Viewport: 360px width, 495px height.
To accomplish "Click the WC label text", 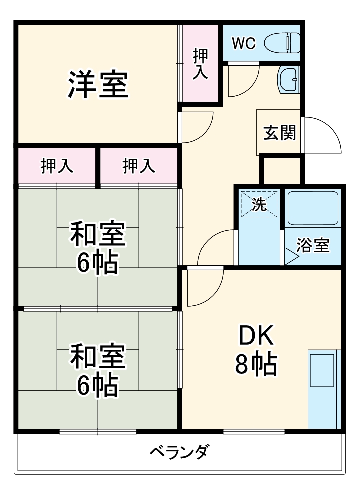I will [244, 44].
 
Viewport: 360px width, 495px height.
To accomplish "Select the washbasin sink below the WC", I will [289, 79].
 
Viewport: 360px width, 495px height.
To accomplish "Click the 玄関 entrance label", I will [279, 133].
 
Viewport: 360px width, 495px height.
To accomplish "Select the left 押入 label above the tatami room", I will [57, 166].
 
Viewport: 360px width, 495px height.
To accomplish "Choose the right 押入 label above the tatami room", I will [139, 166].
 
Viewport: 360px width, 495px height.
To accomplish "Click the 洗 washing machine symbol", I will [259, 204].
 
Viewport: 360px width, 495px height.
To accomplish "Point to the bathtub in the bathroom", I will [313, 208].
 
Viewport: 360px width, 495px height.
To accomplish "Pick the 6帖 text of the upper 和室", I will [97, 263].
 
